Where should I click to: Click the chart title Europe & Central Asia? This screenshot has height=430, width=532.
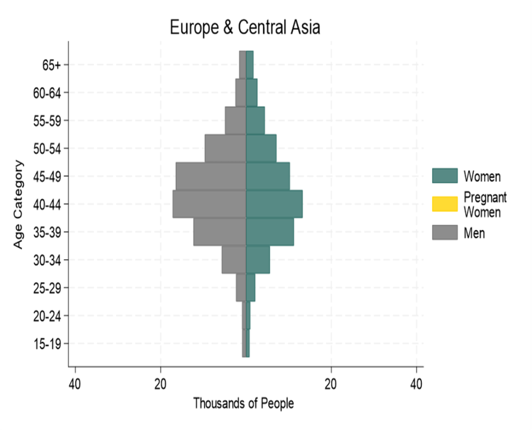tap(245, 27)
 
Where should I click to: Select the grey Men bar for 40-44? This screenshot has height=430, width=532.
tap(209, 204)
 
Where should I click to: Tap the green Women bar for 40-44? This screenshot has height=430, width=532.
tap(274, 204)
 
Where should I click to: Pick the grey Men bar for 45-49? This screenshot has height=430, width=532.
tap(211, 176)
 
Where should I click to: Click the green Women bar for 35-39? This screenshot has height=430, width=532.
tap(270, 232)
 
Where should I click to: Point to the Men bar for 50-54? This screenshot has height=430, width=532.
tap(225, 148)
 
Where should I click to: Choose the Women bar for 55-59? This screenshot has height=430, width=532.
tap(255, 120)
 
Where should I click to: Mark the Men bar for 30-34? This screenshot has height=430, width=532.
tap(234, 259)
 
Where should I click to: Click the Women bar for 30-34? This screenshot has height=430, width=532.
tap(258, 259)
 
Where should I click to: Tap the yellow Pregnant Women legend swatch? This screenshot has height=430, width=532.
tap(445, 204)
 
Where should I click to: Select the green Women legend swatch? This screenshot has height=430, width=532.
tap(445, 175)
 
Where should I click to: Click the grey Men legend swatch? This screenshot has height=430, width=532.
tap(445, 232)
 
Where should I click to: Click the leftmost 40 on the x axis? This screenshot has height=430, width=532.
tap(75, 384)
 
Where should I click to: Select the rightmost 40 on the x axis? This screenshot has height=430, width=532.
tap(417, 384)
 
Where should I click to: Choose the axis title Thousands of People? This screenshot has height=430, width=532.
tap(243, 403)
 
